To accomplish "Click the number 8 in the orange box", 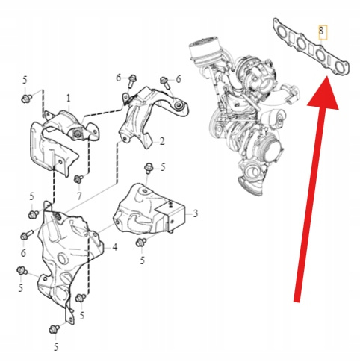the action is pyautogui.click(x=321, y=31).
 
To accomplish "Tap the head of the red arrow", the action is pyautogui.click(x=323, y=93).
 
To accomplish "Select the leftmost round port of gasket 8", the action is pyautogui.click(x=282, y=33).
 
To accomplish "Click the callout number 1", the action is pyautogui.click(x=69, y=99).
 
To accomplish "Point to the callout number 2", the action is pyautogui.click(x=162, y=142).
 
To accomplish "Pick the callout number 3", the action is pyautogui.click(x=196, y=213).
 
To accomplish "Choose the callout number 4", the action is pyautogui.click(x=114, y=247).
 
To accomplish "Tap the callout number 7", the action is pyautogui.click(x=79, y=196).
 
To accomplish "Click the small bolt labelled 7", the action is pyautogui.click(x=79, y=178).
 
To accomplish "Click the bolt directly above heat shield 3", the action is pyautogui.click(x=149, y=169).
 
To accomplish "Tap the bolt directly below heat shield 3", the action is pyautogui.click(x=141, y=242).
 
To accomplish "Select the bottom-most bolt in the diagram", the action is pyautogui.click(x=54, y=329).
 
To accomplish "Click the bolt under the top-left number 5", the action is pyautogui.click(x=26, y=99).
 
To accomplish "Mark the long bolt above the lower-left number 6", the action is pyautogui.click(x=27, y=235).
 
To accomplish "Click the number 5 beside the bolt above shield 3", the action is pyautogui.click(x=163, y=167).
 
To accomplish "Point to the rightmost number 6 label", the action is pyautogui.click(x=179, y=79).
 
